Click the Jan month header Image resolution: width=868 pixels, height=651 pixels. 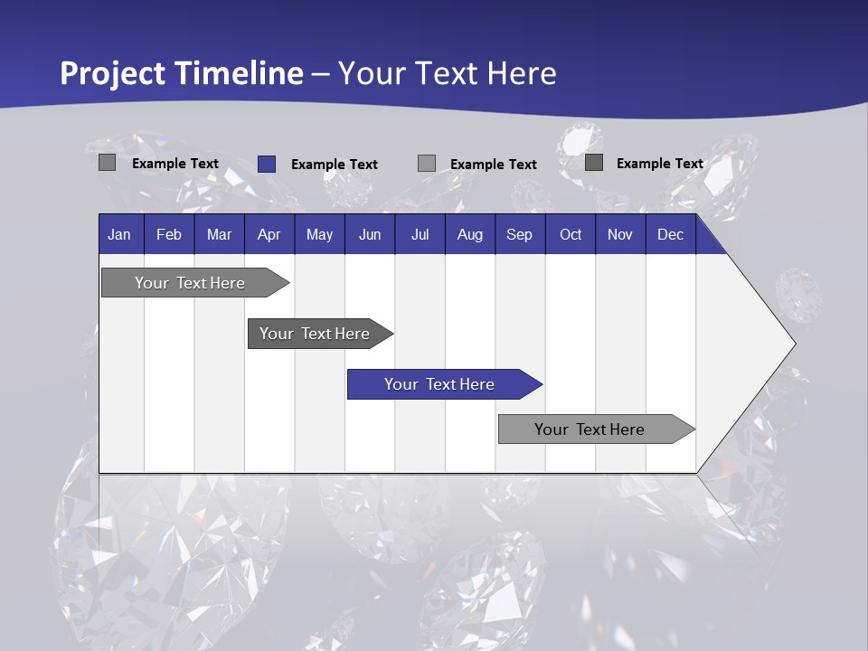coord(120,234)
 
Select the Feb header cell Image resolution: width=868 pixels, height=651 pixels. coord(169,234)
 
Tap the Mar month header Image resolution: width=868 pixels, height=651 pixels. coord(219,234)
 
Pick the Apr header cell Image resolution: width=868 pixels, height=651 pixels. coord(269,234)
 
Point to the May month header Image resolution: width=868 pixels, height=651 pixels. coord(319,234)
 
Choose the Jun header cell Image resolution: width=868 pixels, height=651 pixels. coord(370,234)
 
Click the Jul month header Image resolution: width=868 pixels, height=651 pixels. coord(420,234)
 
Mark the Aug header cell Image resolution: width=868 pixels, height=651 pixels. coord(470,234)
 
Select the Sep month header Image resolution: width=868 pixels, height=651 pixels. coord(520,234)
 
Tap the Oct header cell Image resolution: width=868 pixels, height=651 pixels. coord(571,234)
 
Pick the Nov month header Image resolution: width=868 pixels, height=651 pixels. coord(620,234)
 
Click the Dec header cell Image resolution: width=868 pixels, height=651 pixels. coord(671,234)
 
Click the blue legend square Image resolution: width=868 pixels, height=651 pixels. coord(266,164)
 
